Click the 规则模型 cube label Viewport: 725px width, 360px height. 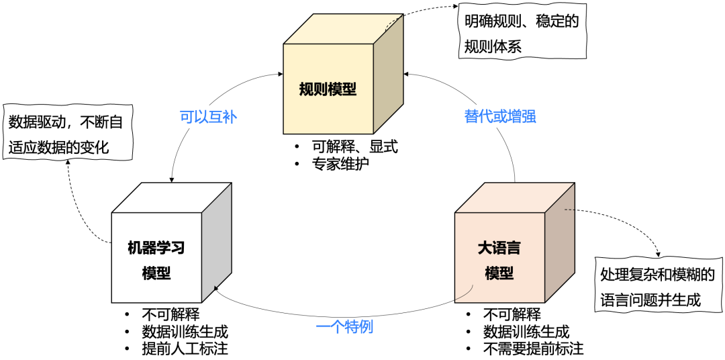328,89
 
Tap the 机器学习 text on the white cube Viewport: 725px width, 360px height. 156,248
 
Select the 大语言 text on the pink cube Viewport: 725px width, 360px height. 499,248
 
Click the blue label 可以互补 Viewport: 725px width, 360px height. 209,117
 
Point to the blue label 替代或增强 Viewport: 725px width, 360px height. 500,116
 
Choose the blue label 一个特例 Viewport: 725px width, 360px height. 344,328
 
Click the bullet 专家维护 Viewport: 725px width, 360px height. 341,163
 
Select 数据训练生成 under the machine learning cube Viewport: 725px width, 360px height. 185,332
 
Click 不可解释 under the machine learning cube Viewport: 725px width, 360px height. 171,314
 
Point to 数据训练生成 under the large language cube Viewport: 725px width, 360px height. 526,332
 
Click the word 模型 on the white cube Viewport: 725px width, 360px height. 156,273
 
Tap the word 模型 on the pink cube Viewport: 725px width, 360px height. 499,273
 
